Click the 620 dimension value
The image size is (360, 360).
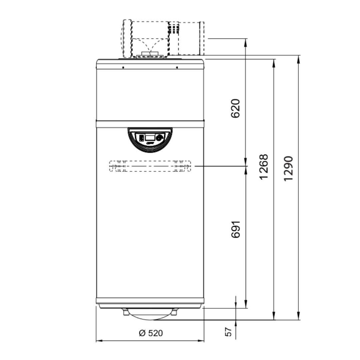[235, 108]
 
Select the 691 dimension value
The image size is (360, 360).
[235, 229]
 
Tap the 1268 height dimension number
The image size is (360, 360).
[264, 166]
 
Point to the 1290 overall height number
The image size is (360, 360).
[288, 168]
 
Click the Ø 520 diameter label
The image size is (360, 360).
[151, 333]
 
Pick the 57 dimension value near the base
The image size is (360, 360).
[229, 331]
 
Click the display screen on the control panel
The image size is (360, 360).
[150, 137]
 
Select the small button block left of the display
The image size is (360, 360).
[141, 137]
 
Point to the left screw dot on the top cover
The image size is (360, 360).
[123, 68]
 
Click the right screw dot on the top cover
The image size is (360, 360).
[177, 68]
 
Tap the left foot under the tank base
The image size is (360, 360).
[126, 312]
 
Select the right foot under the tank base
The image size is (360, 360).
[174, 312]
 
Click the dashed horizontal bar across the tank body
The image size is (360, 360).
[150, 166]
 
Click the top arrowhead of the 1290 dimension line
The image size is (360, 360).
[298, 58]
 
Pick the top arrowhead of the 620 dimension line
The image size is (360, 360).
[246, 41]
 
